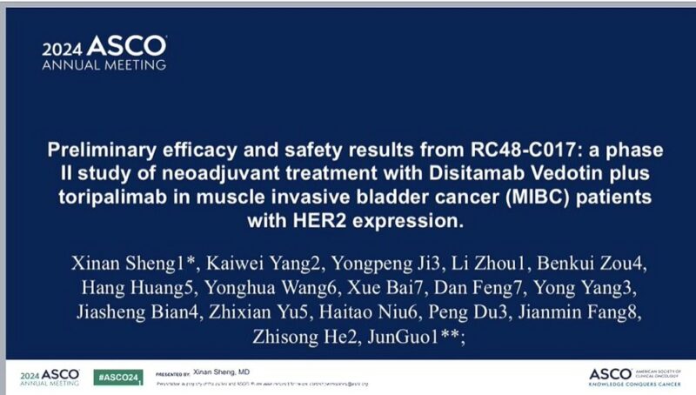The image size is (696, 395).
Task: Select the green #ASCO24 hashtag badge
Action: [118, 377]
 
